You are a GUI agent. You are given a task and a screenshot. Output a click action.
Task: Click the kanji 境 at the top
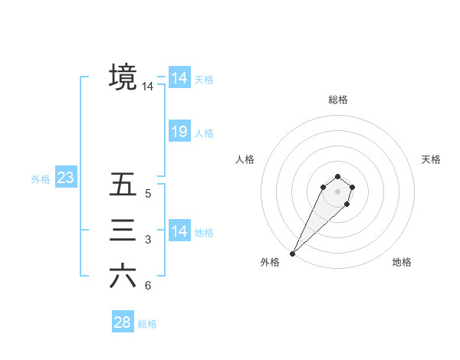(x=123, y=77)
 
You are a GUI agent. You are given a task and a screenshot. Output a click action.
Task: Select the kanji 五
(x=123, y=185)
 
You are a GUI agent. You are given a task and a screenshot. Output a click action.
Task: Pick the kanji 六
(x=123, y=276)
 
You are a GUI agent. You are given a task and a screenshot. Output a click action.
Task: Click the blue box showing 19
(x=179, y=132)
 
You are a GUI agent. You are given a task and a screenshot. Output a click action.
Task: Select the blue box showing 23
(x=65, y=178)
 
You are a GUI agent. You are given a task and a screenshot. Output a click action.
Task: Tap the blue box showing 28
(x=122, y=322)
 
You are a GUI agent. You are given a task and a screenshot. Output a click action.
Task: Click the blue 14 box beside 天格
(x=179, y=78)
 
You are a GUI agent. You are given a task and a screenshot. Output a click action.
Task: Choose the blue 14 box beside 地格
(x=179, y=231)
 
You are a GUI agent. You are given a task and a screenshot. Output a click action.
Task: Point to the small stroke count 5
(x=148, y=194)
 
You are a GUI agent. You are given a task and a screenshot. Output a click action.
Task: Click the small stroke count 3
(x=148, y=241)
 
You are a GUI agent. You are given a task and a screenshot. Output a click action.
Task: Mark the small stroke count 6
(x=148, y=286)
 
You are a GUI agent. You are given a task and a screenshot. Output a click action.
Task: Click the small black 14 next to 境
(x=147, y=87)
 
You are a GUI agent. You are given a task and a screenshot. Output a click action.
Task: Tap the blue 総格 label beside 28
(x=147, y=324)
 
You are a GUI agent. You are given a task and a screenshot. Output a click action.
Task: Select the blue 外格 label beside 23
(x=41, y=179)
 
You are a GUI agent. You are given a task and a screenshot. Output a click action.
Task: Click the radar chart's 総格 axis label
(x=337, y=100)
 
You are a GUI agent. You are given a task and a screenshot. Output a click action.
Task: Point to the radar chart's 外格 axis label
(x=270, y=262)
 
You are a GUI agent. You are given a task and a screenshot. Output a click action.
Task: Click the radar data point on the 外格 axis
(x=293, y=253)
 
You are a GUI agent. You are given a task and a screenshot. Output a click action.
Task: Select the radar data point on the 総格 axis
(x=337, y=177)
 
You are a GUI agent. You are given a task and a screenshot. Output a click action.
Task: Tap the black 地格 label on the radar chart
(x=402, y=262)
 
